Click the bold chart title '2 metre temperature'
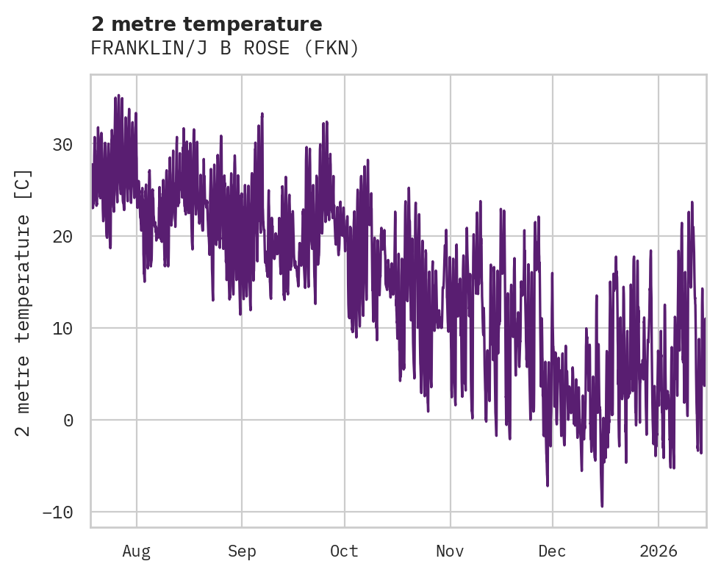pyautogui.click(x=207, y=24)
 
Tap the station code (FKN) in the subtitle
pyautogui.click(x=334, y=49)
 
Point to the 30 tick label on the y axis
pyautogui.click(x=62, y=145)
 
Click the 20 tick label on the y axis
pyautogui.click(x=62, y=237)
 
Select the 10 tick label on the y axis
pyautogui.click(x=62, y=329)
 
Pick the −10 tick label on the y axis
pyautogui.click(x=57, y=512)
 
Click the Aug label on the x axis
pyautogui.click(x=137, y=551)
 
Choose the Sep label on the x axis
pyautogui.click(x=241, y=551)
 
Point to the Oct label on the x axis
pyautogui.click(x=344, y=551)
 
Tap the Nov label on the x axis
pyautogui.click(x=450, y=551)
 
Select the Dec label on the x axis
pyautogui.click(x=552, y=551)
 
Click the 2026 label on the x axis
pyautogui.click(x=659, y=551)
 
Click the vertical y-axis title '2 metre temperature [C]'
pyautogui.click(x=24, y=303)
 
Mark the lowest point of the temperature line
pyautogui.click(x=602, y=506)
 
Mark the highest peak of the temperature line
pyautogui.click(x=118, y=96)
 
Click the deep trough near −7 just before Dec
pyautogui.click(x=548, y=485)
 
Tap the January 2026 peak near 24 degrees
pyautogui.click(x=692, y=202)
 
